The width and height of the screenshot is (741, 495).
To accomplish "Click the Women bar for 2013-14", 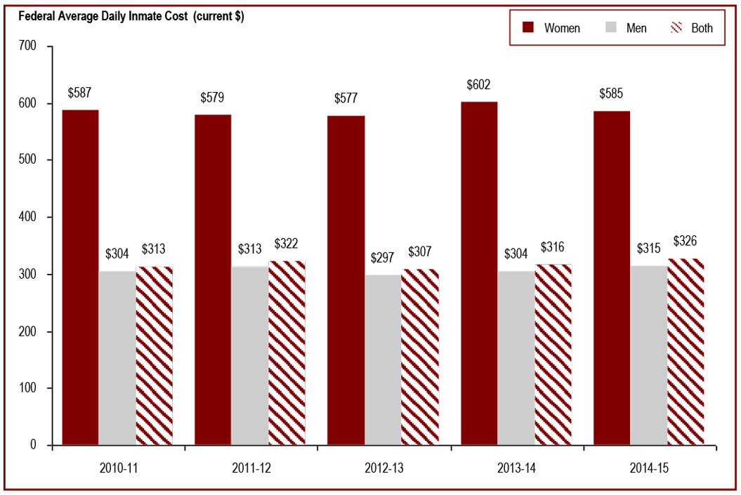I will tap(479, 273).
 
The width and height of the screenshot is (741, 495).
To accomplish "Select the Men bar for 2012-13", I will tap(383, 359).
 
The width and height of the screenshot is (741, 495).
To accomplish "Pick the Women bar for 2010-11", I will tap(80, 277).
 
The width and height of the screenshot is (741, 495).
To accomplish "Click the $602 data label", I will tap(479, 85).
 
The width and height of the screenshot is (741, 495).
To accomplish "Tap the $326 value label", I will tap(686, 241).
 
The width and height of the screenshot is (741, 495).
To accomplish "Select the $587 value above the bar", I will tap(80, 93).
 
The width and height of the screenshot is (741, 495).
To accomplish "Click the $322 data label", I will tap(287, 244).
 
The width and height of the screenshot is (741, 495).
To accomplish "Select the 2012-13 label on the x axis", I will tap(383, 466).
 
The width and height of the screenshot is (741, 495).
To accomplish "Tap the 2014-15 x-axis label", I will tap(648, 466).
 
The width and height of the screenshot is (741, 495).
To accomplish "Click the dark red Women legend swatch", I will tap(528, 28).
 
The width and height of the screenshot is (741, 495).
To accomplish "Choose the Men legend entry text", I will tap(636, 28).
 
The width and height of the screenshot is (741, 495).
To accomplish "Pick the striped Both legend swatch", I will tap(678, 28).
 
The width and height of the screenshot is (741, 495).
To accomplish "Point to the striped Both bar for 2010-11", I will tap(154, 355).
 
